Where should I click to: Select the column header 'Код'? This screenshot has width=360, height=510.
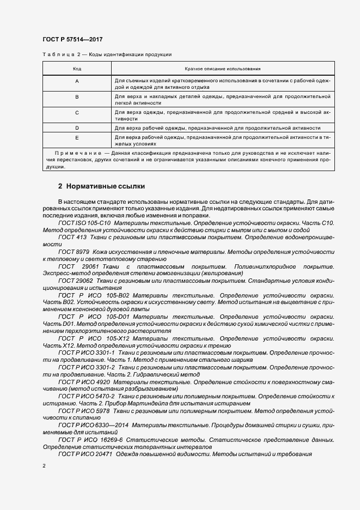tap(77, 69)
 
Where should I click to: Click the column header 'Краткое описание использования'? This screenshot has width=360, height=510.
tap(222, 69)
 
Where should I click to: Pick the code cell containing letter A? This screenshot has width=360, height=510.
tap(77, 81)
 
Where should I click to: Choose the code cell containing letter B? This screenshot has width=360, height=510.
tap(77, 96)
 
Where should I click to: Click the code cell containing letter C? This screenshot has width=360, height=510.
tap(77, 112)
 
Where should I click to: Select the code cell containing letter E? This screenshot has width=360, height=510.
tap(77, 138)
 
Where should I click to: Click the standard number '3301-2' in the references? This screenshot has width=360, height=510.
tap(105, 368)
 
